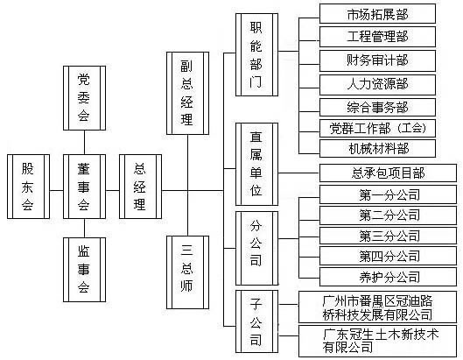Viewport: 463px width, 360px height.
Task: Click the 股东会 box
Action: coord(28,187)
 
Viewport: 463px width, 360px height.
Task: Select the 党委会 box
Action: coord(84,98)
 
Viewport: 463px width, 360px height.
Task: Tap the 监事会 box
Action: coord(84,270)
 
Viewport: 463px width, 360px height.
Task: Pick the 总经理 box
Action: coord(141,187)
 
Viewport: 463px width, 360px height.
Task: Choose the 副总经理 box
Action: coord(188,94)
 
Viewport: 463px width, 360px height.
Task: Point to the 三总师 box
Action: coord(188,272)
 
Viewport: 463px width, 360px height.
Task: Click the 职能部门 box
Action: coord(257,54)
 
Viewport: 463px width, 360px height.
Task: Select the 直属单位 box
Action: coord(257,164)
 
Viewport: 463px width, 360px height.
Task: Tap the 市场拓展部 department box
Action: coord(377,14)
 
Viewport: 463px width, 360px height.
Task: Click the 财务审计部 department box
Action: coord(377,60)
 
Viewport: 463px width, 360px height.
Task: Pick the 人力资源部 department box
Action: coord(377,85)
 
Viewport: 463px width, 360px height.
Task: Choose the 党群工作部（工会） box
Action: coord(377,128)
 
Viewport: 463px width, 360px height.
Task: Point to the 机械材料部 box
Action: coord(377,148)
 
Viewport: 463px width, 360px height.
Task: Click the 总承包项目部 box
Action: coord(388,173)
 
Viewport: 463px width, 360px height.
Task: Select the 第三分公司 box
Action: coord(388,236)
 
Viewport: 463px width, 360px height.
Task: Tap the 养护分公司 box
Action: coord(388,277)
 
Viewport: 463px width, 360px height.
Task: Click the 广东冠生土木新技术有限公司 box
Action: coord(377,341)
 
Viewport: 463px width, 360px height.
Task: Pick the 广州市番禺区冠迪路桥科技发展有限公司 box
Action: coord(377,307)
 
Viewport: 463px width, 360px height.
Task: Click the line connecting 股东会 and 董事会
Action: coord(56,190)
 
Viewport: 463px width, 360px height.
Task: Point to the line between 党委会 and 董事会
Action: coord(84,143)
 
